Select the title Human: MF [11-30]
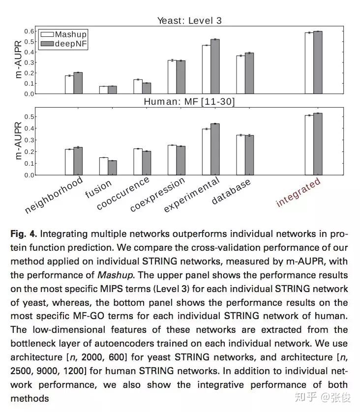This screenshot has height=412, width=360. pyautogui.click(x=189, y=102)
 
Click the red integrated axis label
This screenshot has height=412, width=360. pyautogui.click(x=298, y=192)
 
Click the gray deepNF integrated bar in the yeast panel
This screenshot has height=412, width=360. pyautogui.click(x=318, y=62)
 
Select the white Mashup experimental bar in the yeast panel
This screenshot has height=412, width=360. pyautogui.click(x=206, y=69)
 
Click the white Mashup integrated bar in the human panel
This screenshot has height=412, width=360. pyautogui.click(x=309, y=145)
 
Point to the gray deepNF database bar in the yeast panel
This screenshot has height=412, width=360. pyautogui.click(x=249, y=73)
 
